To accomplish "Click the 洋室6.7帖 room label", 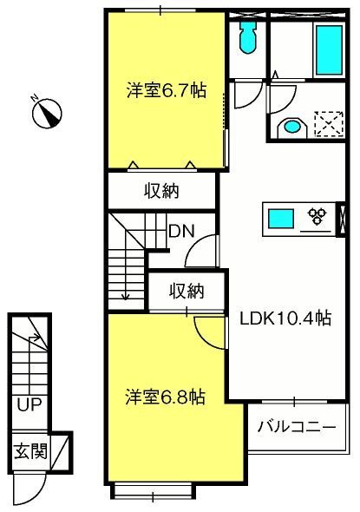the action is click(167, 90).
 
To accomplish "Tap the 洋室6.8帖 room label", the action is click(165, 397).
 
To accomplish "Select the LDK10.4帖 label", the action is click(285, 318).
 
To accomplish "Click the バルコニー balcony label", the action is click(297, 427).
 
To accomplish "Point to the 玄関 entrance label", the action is click(30, 451).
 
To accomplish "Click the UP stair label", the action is click(29, 405).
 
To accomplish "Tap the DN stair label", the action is click(181, 231).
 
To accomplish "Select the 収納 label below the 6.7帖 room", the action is click(161, 191).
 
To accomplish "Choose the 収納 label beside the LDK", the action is click(187, 291).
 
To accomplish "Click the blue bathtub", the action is click(329, 50).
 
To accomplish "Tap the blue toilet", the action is click(248, 38).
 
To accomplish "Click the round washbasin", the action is click(291, 127).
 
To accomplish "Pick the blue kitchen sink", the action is click(280, 219).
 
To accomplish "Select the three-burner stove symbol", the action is click(317, 216).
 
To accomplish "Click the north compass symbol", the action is click(47, 112).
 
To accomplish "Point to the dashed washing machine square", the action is click(329, 124).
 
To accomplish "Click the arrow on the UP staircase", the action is click(35, 338).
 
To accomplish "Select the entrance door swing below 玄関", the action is click(29, 489).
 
